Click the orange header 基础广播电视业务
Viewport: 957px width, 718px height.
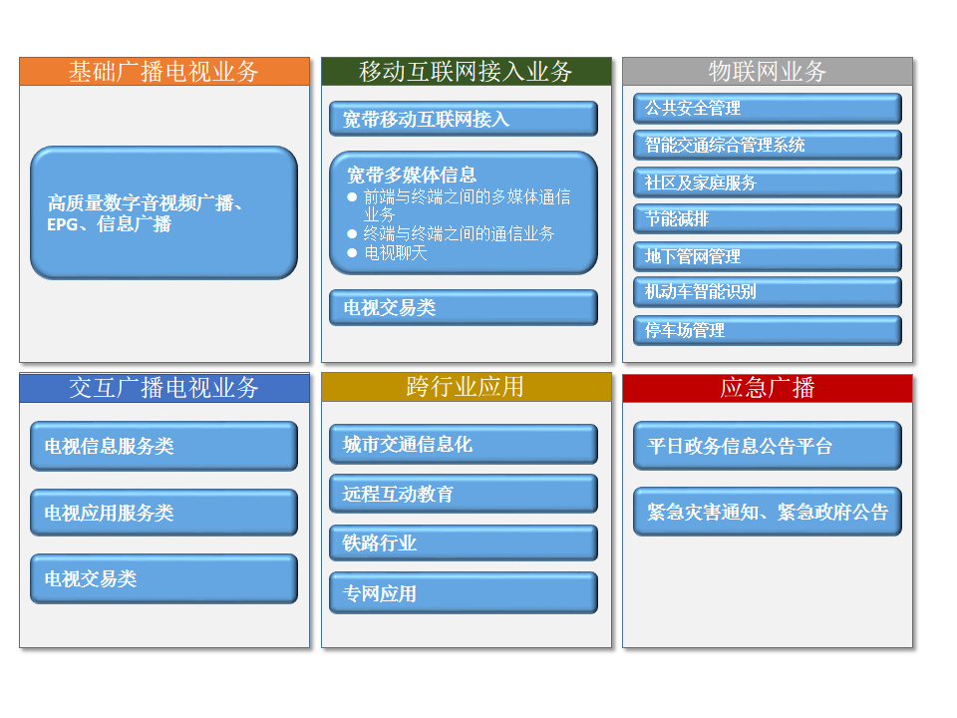pos(164,72)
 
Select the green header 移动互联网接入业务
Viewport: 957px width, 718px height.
pos(467,72)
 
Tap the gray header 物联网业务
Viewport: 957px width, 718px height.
pos(768,72)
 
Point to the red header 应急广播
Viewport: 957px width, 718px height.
pos(768,388)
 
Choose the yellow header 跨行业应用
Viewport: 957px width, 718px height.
pos(467,387)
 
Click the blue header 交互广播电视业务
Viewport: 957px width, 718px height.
pos(164,388)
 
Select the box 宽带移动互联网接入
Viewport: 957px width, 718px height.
pos(464,119)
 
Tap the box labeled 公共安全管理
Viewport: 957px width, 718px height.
pos(768,109)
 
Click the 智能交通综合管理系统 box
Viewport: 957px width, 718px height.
pos(768,146)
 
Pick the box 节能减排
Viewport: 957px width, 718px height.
pos(768,218)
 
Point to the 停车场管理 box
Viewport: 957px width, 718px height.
pos(768,330)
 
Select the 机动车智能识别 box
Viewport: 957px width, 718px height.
pos(768,292)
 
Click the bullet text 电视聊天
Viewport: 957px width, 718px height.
pos(396,252)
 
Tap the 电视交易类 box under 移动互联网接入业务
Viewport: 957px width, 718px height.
pos(464,308)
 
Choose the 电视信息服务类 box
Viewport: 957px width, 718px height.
pos(164,447)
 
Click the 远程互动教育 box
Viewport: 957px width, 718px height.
pos(464,494)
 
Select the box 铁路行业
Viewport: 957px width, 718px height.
pos(464,542)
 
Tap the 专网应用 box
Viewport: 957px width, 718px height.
pos(464,592)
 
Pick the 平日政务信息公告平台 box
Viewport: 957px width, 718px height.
pos(768,446)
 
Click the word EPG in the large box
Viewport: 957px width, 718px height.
pos(62,224)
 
